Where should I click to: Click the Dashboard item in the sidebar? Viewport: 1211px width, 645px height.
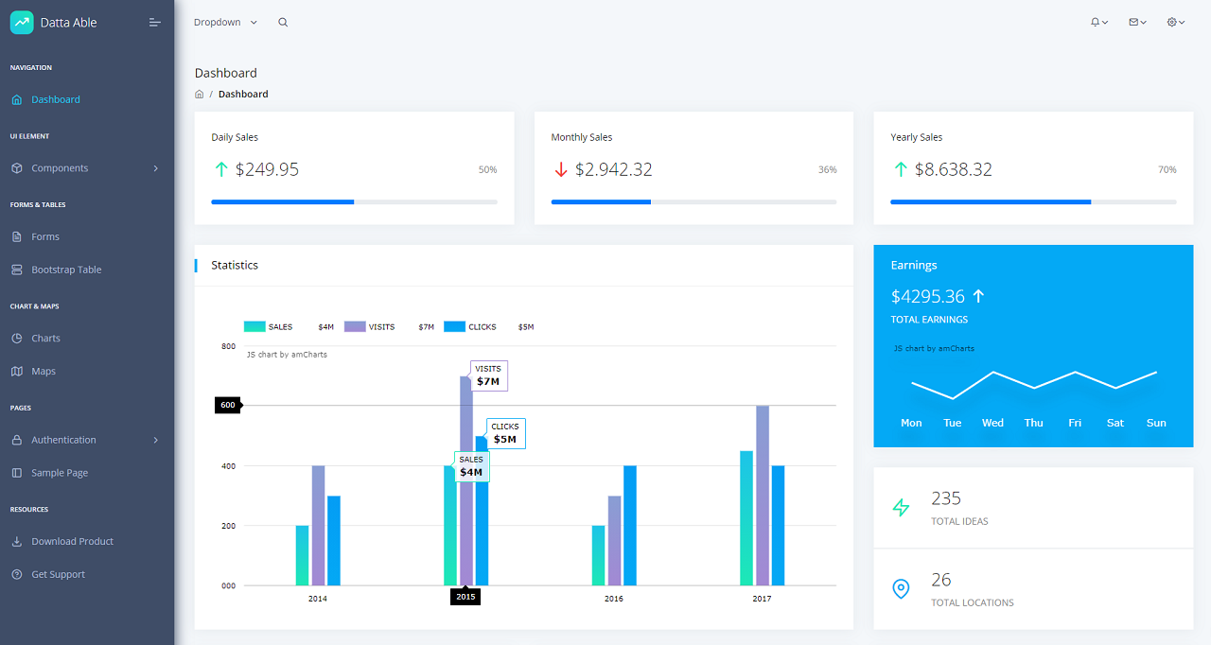pos(55,99)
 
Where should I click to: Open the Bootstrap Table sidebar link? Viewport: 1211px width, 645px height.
pos(65,270)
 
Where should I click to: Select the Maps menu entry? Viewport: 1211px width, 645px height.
pos(44,371)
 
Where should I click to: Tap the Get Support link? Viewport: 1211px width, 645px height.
pos(58,574)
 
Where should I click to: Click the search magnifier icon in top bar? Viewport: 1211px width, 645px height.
pos(283,23)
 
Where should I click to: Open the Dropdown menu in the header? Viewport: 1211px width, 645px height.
pos(225,23)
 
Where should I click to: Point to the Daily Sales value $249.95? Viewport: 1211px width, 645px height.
pos(267,169)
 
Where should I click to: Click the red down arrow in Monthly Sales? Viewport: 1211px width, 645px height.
pos(560,170)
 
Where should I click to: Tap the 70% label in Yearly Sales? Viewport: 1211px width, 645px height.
pos(1167,170)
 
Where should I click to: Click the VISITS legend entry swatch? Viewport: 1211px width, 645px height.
pos(355,326)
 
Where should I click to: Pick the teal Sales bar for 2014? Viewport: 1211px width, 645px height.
pos(302,555)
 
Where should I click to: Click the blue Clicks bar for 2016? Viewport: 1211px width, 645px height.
pos(630,525)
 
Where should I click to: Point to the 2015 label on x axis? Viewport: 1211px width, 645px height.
pos(465,597)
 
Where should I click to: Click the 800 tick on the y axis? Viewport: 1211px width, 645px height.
pos(228,346)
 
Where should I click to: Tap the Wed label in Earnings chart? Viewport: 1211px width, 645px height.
pos(992,423)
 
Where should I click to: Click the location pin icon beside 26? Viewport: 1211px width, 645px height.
pos(901,589)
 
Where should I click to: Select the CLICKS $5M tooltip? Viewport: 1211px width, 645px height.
pos(505,434)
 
